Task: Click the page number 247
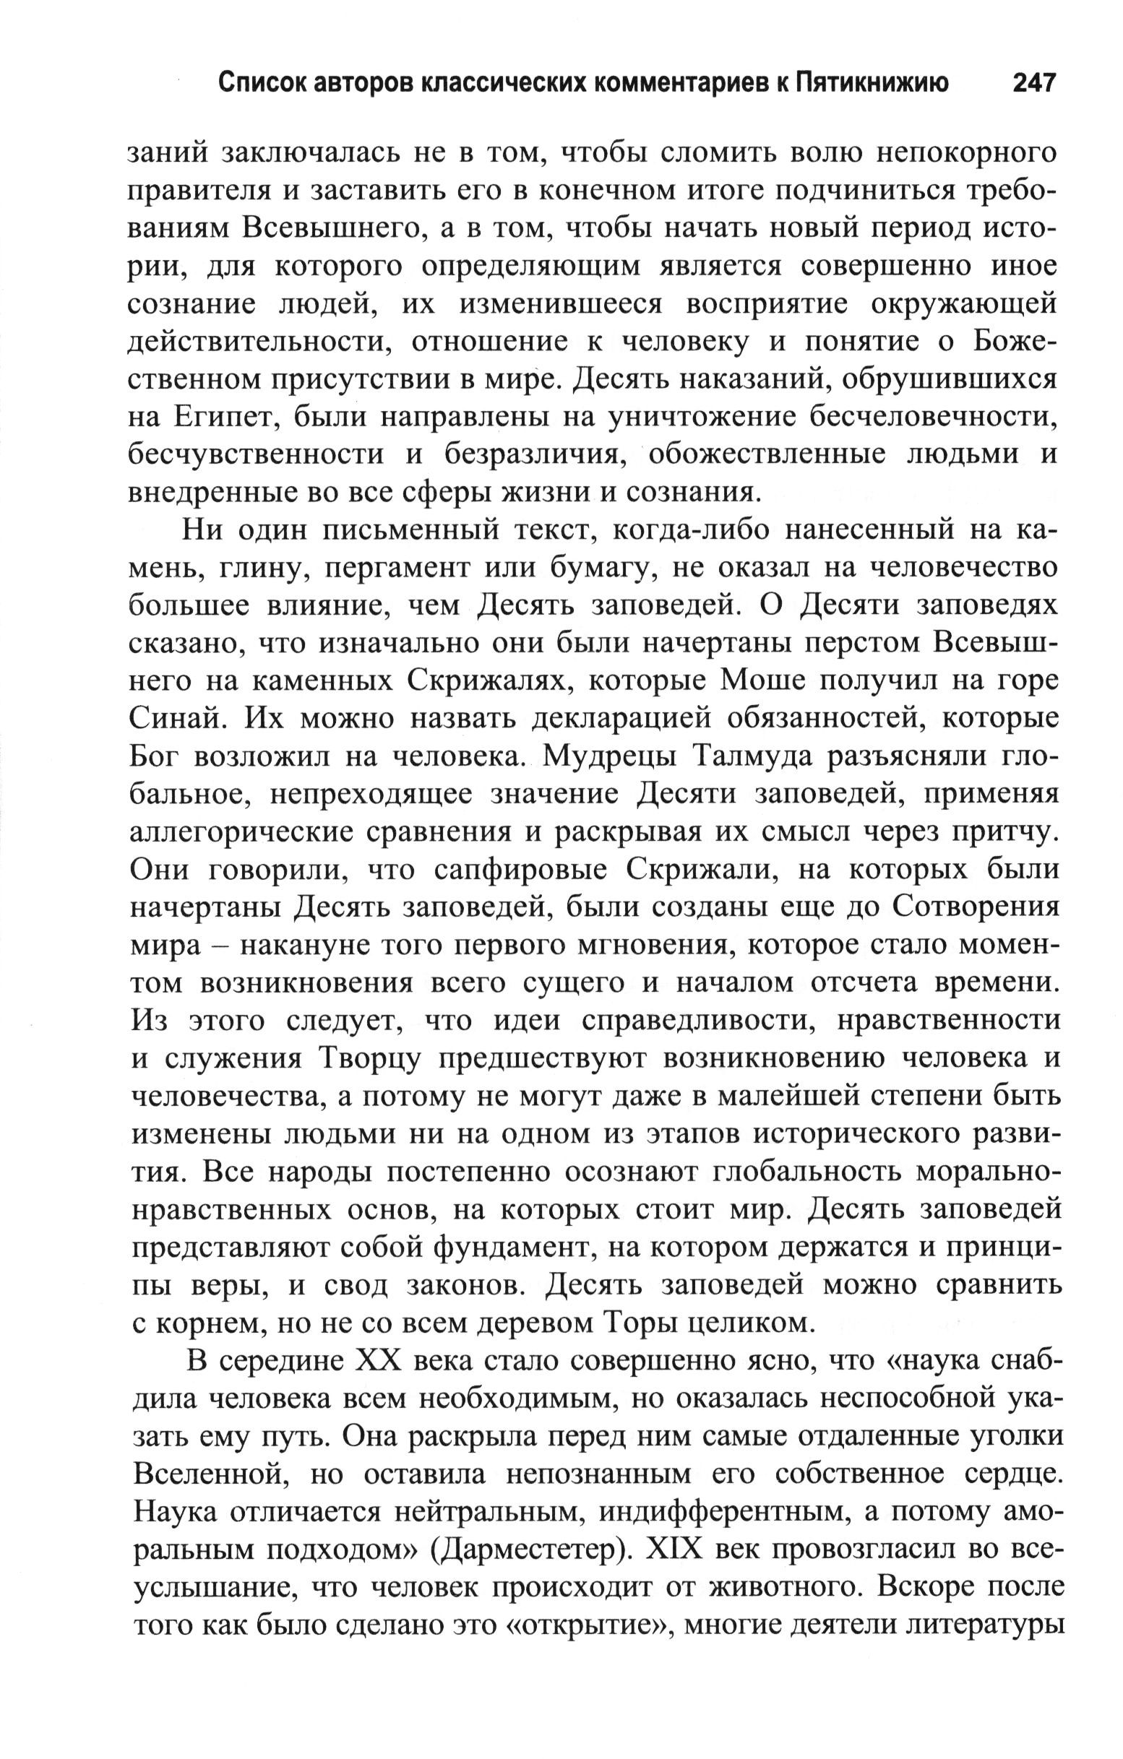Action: [x=1034, y=82]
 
